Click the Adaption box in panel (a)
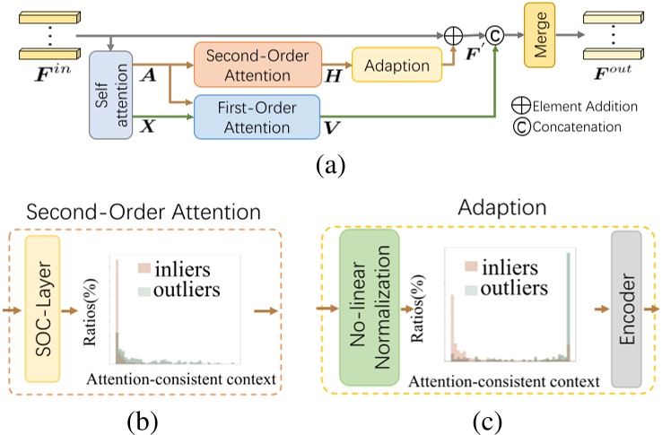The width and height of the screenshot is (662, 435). [x=397, y=66]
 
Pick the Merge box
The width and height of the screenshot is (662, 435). [x=540, y=39]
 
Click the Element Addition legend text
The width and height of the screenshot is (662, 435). [x=585, y=106]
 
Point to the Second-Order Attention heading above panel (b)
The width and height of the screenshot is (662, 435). [x=144, y=213]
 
